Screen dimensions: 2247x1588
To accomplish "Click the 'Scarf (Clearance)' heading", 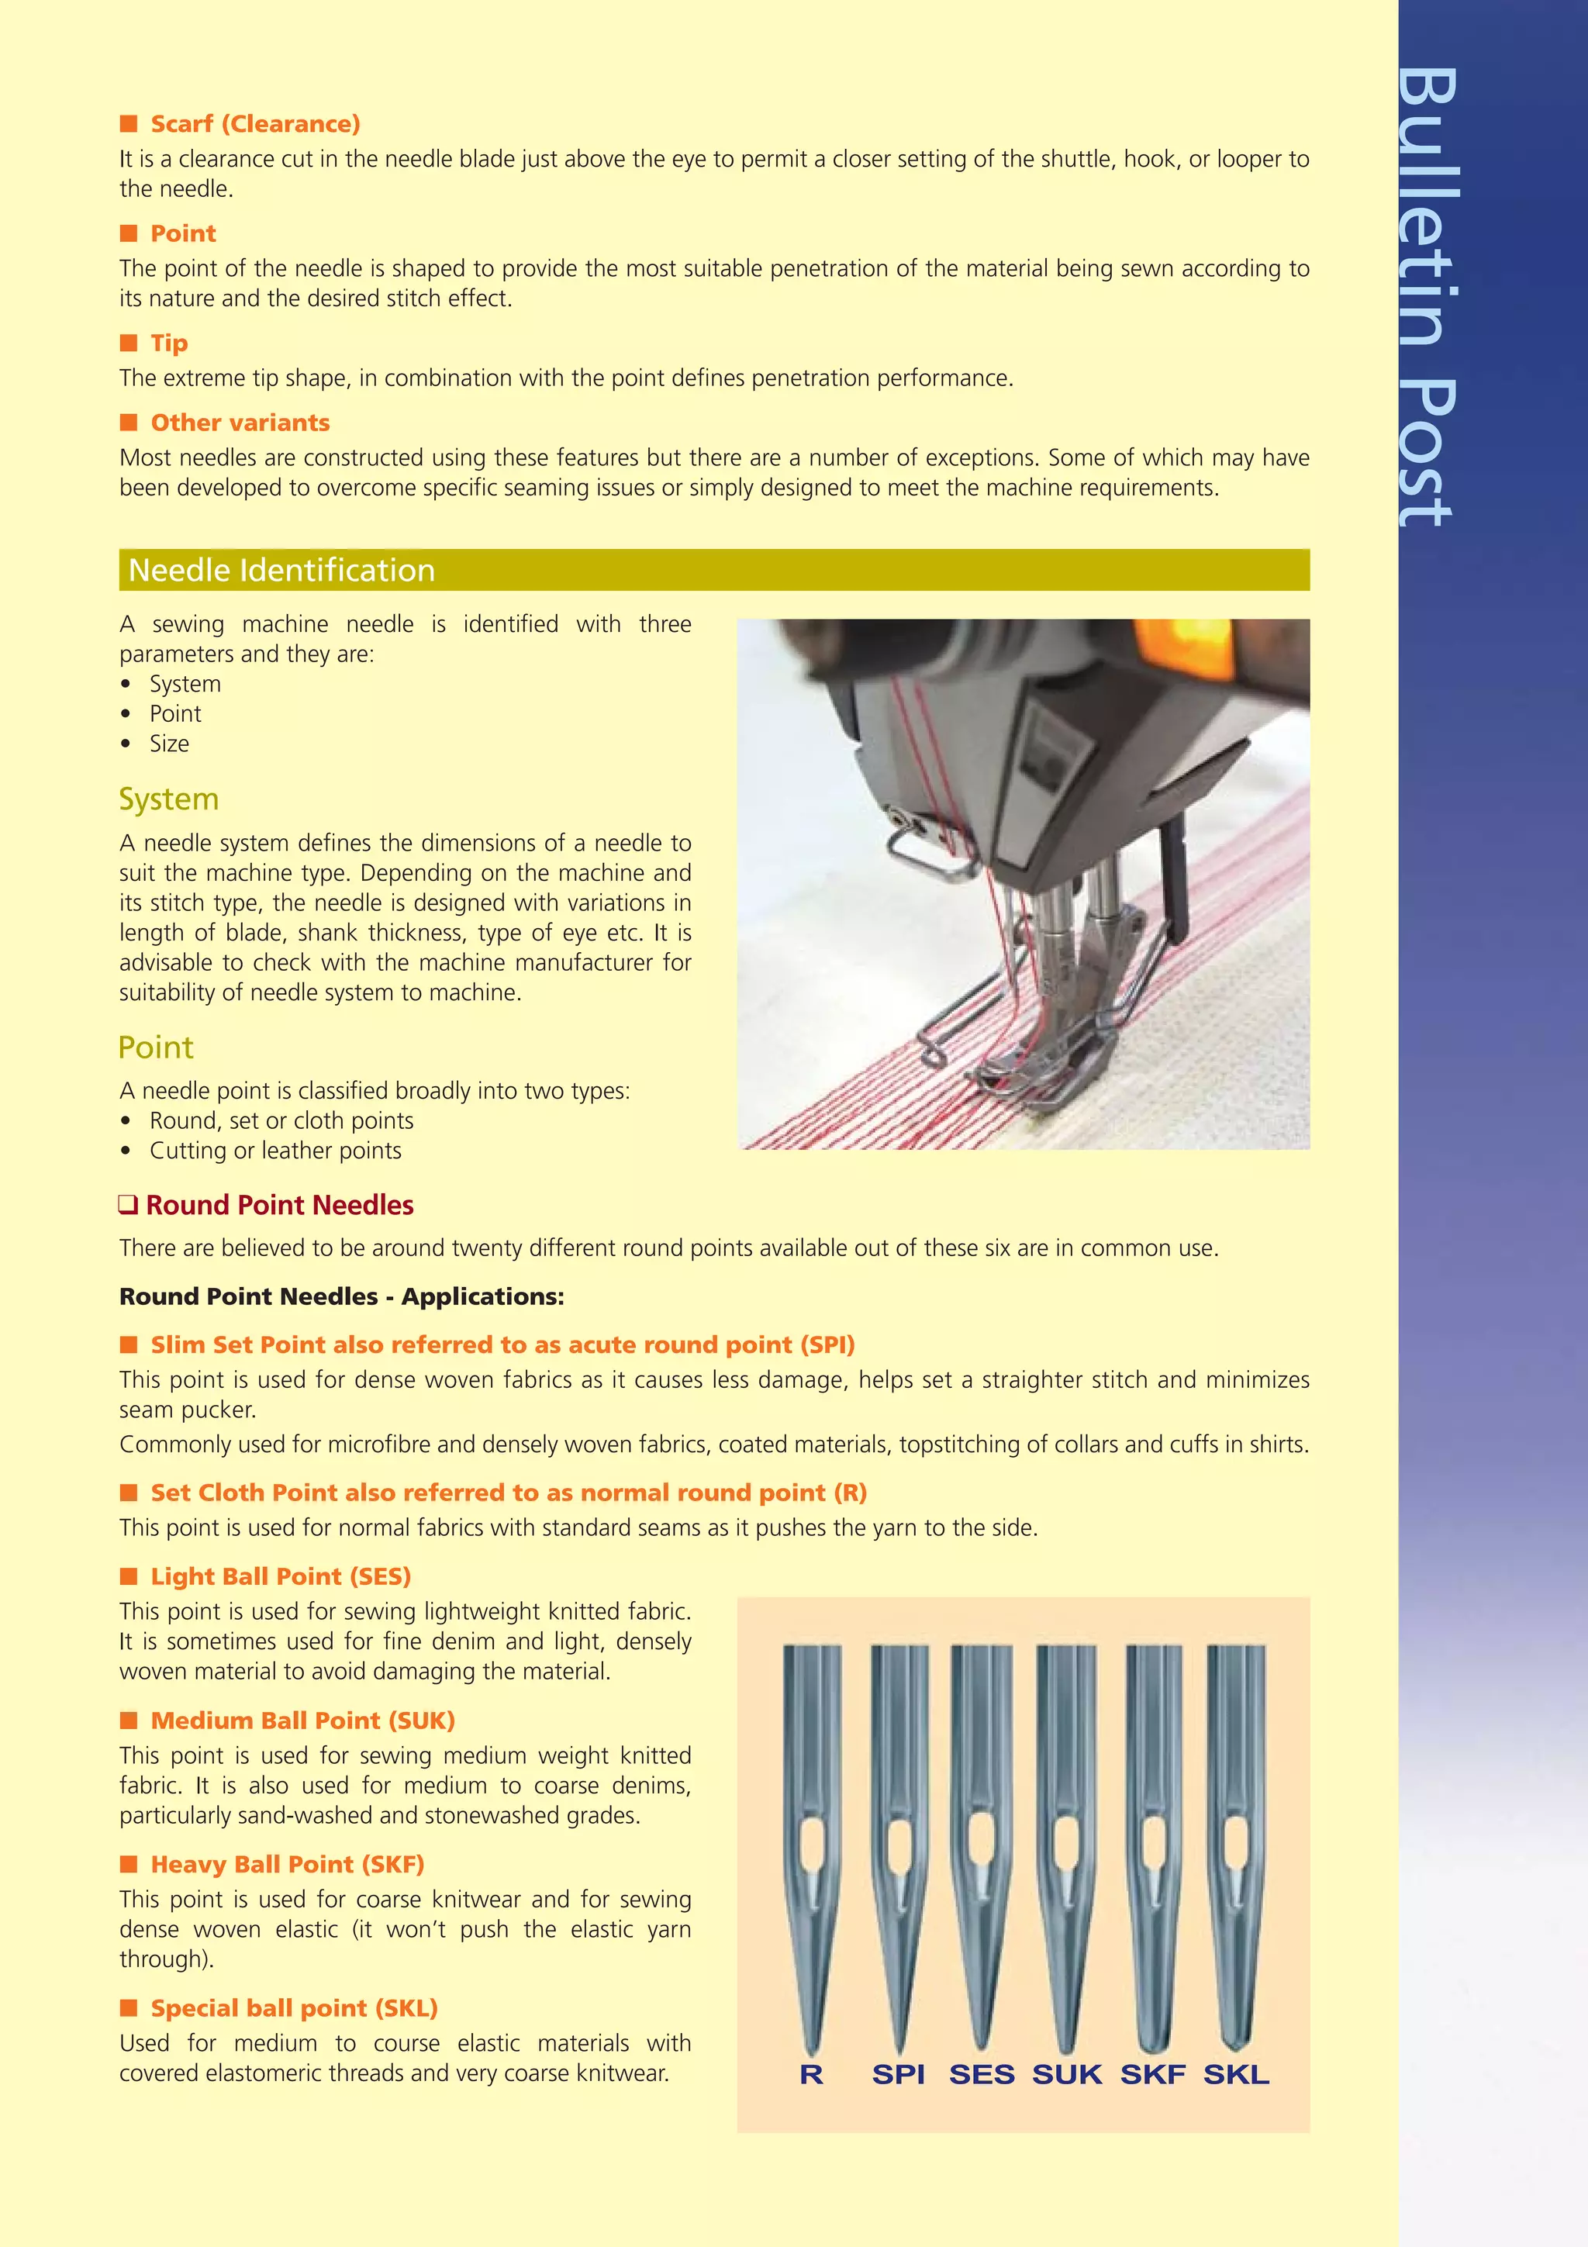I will tap(254, 124).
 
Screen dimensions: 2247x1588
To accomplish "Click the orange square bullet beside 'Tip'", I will tap(128, 343).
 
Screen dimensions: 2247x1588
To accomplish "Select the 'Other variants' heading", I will tap(240, 423).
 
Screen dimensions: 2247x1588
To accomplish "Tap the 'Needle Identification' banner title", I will tap(281, 570).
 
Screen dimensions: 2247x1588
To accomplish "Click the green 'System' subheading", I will tap(168, 799).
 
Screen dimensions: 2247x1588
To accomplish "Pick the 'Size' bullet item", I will tap(169, 744).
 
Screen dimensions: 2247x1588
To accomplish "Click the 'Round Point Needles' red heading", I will tap(279, 1205).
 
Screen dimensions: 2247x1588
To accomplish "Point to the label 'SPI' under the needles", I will tap(898, 2074).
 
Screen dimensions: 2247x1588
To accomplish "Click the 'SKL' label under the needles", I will tap(1236, 2074).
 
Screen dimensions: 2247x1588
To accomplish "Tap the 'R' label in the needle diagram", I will tap(811, 2074).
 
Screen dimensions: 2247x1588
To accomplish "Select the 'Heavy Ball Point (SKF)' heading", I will tap(287, 1864).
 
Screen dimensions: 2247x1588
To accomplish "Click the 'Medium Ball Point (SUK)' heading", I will tap(302, 1721).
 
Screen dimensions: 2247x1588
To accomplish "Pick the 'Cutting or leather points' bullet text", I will tap(275, 1151).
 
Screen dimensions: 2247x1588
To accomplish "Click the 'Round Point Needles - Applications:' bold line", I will tap(341, 1296).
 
